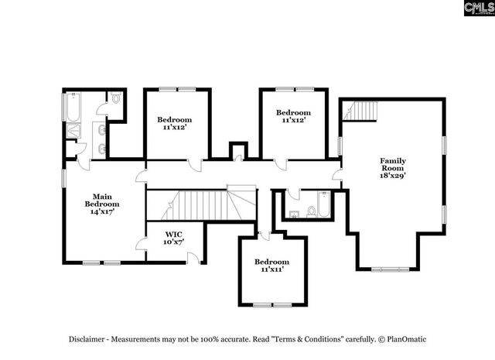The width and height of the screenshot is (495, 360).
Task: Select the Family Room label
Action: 392,165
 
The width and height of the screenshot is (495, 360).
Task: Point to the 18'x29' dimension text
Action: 392,176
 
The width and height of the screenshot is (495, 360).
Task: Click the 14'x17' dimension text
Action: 103,211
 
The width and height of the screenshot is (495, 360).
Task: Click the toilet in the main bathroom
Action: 115,99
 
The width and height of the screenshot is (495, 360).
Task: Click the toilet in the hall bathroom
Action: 312,210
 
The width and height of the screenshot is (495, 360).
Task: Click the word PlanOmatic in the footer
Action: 406,339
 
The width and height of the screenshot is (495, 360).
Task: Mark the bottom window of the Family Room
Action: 387,269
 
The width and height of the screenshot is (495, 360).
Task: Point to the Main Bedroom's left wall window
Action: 63,177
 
